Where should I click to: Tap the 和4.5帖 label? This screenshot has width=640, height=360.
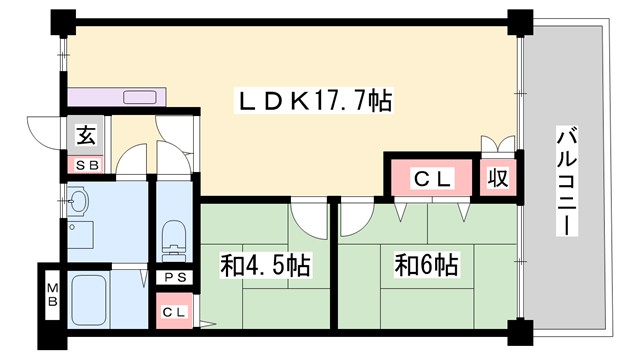265,266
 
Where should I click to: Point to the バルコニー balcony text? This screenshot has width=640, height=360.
566,180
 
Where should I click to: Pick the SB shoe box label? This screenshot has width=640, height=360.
84,164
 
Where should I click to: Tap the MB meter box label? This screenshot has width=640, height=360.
50,298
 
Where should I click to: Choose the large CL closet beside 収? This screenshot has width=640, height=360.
435,179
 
